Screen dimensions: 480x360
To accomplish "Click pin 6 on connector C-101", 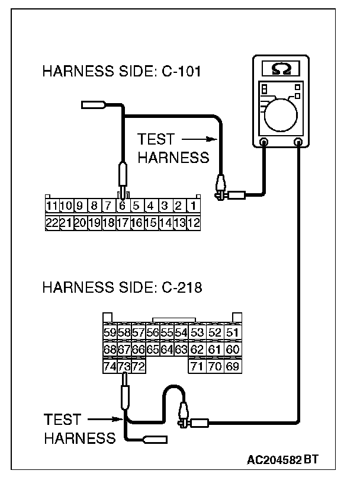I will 122,207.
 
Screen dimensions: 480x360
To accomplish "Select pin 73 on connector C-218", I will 124,367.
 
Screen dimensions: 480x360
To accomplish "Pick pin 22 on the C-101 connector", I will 52,223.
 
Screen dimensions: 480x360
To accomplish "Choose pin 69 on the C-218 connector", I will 233,367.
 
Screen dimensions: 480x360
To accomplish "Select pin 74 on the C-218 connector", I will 110,367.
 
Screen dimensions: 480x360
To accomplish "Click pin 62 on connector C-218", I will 197,350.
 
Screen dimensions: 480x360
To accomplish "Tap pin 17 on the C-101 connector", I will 122,223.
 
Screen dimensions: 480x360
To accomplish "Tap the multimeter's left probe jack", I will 264,142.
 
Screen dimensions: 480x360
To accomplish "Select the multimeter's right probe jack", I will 299,142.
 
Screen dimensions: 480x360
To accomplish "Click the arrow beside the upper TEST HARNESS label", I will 197,140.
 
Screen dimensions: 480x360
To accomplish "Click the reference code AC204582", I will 275,460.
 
